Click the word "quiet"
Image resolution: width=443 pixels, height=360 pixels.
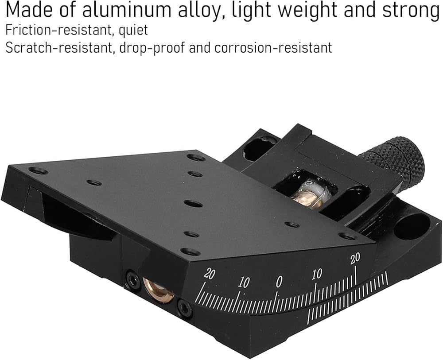click(133, 31)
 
